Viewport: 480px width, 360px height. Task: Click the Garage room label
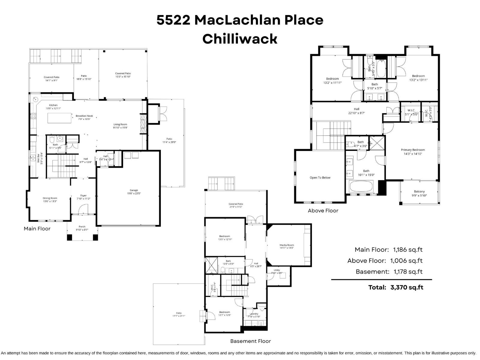tap(134, 190)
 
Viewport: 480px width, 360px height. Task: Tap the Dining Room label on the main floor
tap(50, 198)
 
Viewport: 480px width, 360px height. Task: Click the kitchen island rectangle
tap(60, 118)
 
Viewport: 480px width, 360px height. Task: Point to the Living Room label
tap(120, 124)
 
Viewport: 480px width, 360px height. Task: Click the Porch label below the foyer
tap(82, 226)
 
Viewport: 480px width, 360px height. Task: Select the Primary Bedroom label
tap(413, 150)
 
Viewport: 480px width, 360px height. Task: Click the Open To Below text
tap(320, 178)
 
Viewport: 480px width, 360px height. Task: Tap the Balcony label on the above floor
tap(419, 191)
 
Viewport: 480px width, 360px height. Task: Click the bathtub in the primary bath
tap(361, 187)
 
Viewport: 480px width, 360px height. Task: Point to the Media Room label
tap(286, 245)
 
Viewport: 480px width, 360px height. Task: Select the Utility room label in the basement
tap(277, 270)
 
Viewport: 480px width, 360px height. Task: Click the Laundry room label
tap(254, 314)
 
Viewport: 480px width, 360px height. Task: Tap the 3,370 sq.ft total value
tap(406, 287)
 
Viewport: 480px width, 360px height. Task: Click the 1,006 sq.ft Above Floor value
tap(406, 261)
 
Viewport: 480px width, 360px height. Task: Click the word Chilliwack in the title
tap(240, 39)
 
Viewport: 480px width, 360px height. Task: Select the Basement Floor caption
tap(250, 341)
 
